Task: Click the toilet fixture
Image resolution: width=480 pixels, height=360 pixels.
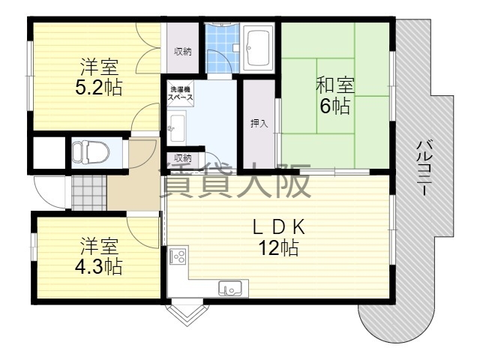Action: pyautogui.click(x=90, y=151)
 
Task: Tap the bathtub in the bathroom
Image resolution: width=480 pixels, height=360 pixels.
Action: pyautogui.click(x=258, y=48)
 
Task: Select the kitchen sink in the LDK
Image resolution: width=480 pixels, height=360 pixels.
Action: pyautogui.click(x=230, y=289)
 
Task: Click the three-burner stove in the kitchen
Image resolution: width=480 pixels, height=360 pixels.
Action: pyautogui.click(x=178, y=256)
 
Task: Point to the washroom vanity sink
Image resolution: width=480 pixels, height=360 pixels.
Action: pyautogui.click(x=177, y=128)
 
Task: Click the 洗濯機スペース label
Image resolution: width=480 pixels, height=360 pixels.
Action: pyautogui.click(x=181, y=94)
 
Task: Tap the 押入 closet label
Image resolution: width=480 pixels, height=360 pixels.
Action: pyautogui.click(x=259, y=124)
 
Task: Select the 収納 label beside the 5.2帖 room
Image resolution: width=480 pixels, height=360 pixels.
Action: pyautogui.click(x=183, y=52)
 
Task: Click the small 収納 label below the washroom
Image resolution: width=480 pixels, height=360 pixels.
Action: pyautogui.click(x=183, y=158)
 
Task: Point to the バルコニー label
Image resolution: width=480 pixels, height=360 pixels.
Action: pyautogui.click(x=424, y=167)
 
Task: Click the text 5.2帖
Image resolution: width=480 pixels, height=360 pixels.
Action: pyautogui.click(x=98, y=88)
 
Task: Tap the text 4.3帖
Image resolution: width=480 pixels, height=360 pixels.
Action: pyautogui.click(x=98, y=267)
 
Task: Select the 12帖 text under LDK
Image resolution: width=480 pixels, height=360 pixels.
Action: pyautogui.click(x=278, y=247)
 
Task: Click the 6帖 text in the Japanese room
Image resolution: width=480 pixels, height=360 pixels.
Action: pyautogui.click(x=335, y=106)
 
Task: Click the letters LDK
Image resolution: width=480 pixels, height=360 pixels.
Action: pyautogui.click(x=278, y=227)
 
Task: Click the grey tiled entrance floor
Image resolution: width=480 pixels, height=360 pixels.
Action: pyautogui.click(x=89, y=193)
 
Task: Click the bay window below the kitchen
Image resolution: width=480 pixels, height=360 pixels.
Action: pyautogui.click(x=185, y=313)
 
